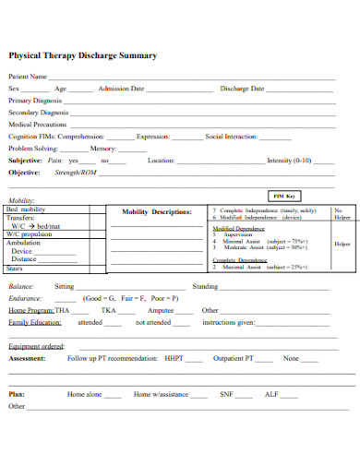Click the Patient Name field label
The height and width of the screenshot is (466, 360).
(x=28, y=77)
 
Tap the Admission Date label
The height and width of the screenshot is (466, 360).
(x=121, y=89)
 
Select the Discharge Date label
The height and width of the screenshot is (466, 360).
(x=242, y=89)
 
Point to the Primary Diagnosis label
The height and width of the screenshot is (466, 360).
(x=35, y=100)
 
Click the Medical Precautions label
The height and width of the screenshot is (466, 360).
(x=37, y=124)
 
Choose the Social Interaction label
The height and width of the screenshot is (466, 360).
(x=231, y=136)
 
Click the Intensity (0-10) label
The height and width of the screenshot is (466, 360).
(x=289, y=160)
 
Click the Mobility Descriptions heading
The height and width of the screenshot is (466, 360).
(x=157, y=211)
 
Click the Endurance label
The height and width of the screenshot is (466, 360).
(x=26, y=299)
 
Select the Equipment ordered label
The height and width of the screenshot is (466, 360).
(x=36, y=346)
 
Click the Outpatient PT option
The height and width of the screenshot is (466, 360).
(x=232, y=358)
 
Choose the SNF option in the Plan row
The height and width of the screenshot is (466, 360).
(x=226, y=394)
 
